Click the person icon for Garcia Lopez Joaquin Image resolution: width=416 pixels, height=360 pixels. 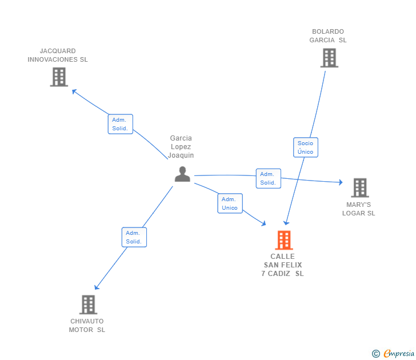click(x=182, y=174)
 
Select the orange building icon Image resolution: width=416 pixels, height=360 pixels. click(x=284, y=241)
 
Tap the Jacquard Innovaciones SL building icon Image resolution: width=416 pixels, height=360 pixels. click(x=59, y=77)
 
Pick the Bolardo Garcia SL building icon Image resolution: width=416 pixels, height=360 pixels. click(x=329, y=58)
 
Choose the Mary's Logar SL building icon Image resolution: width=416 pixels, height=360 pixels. click(x=359, y=187)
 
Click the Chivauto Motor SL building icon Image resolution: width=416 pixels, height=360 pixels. click(x=88, y=305)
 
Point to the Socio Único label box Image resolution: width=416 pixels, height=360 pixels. click(x=306, y=147)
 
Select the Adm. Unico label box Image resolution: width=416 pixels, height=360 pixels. click(x=230, y=203)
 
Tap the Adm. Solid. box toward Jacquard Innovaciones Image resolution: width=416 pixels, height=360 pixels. click(x=120, y=124)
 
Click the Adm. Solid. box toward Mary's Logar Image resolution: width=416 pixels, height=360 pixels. click(x=268, y=178)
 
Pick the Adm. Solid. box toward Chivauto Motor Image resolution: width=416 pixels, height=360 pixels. click(x=134, y=237)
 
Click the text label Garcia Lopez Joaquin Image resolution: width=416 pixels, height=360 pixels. click(x=181, y=147)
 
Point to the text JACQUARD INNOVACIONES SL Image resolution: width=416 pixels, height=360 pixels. click(x=58, y=55)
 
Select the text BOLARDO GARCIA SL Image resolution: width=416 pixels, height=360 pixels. click(x=328, y=36)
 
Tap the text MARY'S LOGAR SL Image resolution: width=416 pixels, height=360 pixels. click(x=359, y=209)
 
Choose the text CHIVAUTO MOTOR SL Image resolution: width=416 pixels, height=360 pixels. click(x=87, y=325)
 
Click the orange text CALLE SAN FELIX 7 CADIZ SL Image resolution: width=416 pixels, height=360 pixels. click(x=283, y=265)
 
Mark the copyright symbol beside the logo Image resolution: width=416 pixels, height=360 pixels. click(x=376, y=354)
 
